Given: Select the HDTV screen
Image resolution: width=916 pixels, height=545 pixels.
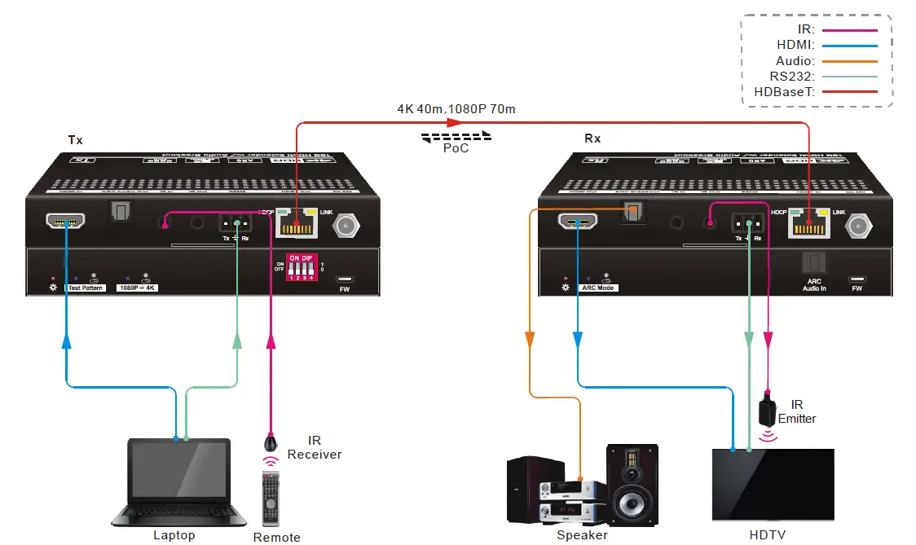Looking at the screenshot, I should (773, 484).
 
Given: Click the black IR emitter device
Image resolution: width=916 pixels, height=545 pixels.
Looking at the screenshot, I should (767, 411).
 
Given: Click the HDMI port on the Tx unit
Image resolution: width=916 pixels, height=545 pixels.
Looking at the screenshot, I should (66, 222).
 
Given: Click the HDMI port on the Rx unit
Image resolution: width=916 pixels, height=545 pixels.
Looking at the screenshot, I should (577, 222).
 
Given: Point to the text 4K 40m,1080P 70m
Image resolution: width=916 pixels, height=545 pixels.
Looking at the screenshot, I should (456, 108).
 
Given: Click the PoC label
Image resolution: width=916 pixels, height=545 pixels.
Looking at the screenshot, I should (456, 148).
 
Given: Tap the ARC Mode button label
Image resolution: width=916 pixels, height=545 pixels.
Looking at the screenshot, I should (598, 288).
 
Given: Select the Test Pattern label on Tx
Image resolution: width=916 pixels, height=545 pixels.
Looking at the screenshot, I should (86, 288).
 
